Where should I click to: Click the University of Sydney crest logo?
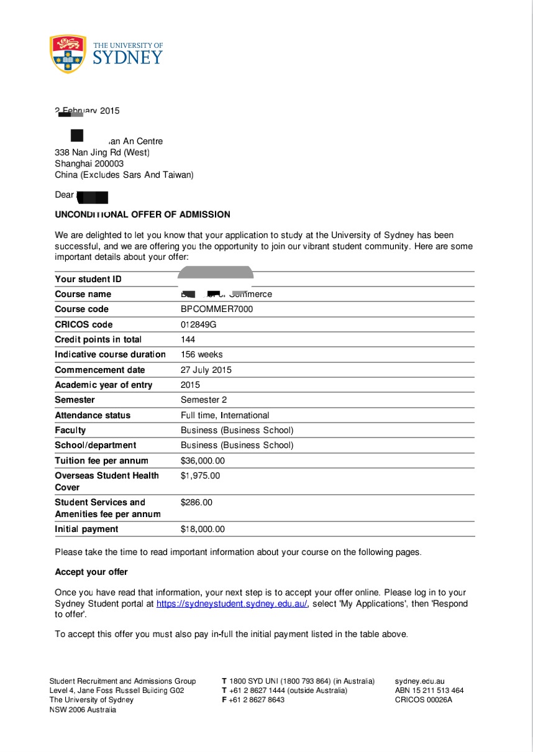68,53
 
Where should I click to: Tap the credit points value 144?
188,339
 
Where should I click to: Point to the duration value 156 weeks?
201,354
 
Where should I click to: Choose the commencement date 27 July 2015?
206,370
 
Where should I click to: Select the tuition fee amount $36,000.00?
203,461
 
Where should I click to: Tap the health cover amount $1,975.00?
200,475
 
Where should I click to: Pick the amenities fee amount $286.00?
196,502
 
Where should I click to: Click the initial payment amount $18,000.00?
203,529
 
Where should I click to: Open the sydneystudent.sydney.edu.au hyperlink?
232,604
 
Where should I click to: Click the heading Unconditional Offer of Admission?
142,214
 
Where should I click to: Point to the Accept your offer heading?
91,572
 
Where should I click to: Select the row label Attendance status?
93,415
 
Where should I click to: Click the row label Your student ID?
88,279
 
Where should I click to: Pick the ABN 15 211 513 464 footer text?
429,690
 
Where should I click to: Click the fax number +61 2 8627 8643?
257,700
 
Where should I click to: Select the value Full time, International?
225,415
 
